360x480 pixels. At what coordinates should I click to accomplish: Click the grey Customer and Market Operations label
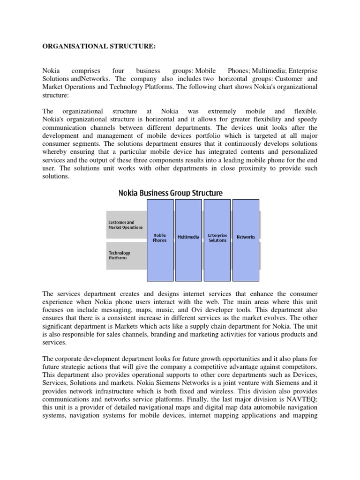[125, 225]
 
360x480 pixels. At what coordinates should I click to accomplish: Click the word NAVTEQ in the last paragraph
[304, 398]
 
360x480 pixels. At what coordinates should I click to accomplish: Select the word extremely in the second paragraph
[219, 112]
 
